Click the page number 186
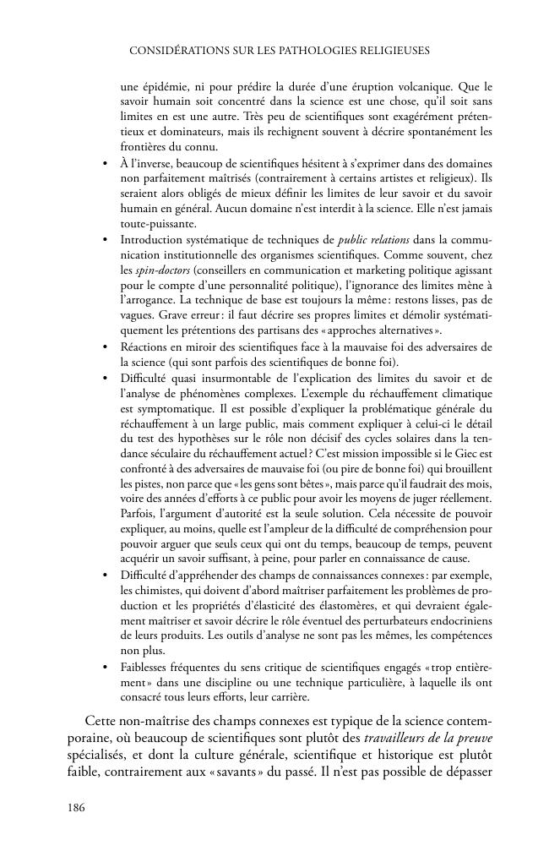click(x=76, y=808)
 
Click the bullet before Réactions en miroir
click(x=105, y=347)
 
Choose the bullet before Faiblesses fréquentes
click(x=105, y=668)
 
